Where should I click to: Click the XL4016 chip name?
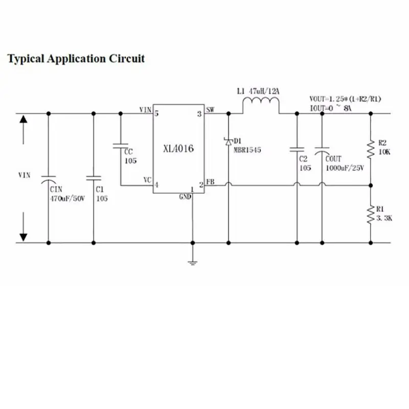coord(178,149)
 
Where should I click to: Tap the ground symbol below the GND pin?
coord(193,263)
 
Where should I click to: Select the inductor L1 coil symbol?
coord(261,102)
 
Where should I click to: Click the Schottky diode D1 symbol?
coord(229,142)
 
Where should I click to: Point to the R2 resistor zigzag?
coord(371,149)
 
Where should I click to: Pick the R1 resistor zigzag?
coord(371,214)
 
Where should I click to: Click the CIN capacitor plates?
coord(48,179)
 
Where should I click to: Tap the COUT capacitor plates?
coord(322,150)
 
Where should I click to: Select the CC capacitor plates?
coord(121,146)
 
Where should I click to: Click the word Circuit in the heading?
coord(127,58)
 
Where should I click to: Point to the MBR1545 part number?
coord(247,150)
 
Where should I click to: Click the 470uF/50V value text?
coord(67,198)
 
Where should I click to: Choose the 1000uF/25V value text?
coord(345,168)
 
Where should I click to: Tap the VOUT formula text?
coord(346,99)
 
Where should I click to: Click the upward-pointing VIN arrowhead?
coord(24,119)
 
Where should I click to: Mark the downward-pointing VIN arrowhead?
coord(24,237)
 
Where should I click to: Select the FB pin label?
coord(211,181)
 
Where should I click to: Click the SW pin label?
coord(210,109)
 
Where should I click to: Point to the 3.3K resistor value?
coord(384,218)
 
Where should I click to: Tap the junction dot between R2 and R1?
coord(371,186)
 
